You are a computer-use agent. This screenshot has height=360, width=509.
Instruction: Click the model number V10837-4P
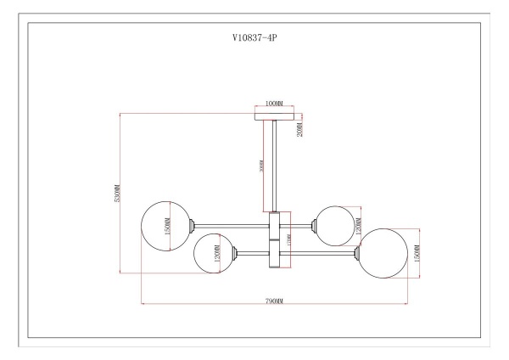click(254, 38)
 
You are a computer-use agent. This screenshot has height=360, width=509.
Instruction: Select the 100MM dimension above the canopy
click(273, 103)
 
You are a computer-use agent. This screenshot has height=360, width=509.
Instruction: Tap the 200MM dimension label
click(299, 128)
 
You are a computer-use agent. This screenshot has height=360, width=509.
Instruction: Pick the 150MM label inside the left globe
click(168, 226)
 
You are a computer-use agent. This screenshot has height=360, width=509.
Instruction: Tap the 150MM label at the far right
click(417, 251)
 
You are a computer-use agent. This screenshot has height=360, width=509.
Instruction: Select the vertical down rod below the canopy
click(274, 166)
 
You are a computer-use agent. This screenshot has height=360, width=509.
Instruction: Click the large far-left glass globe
click(165, 226)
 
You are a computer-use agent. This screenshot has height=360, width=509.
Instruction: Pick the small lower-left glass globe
click(214, 253)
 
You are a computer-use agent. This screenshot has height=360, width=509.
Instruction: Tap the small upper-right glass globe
click(333, 225)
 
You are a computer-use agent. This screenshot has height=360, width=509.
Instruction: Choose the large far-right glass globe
click(383, 251)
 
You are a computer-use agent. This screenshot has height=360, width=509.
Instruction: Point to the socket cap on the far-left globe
click(194, 226)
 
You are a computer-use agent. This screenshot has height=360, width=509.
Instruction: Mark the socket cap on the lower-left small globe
click(237, 252)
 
